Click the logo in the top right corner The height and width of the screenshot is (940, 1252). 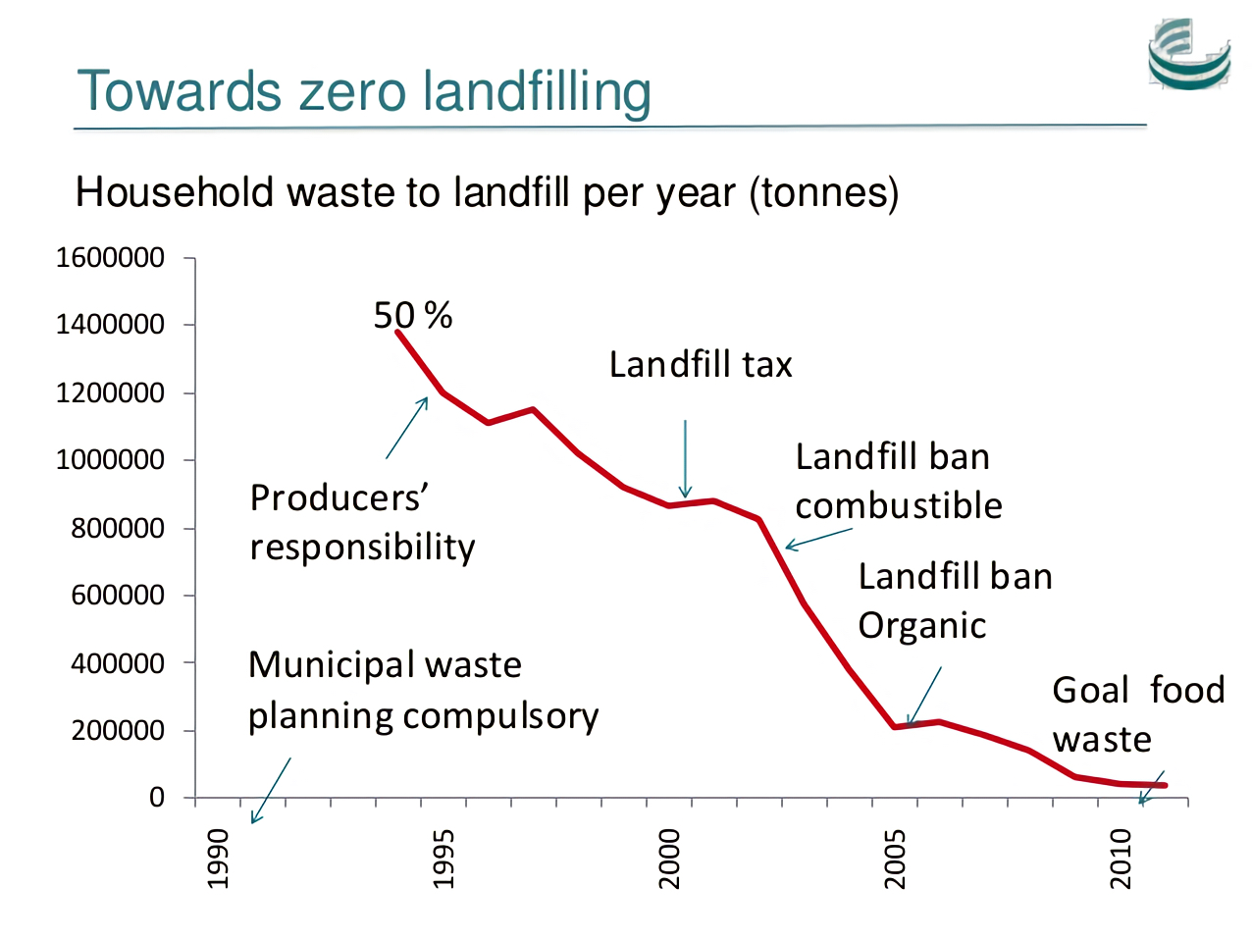[1189, 55]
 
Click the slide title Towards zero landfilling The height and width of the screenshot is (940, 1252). [363, 91]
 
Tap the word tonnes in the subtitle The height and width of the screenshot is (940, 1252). [823, 192]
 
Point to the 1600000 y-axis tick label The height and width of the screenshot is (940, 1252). [110, 258]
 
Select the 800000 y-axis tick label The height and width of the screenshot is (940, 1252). [118, 528]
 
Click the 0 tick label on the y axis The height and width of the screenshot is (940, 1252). [157, 798]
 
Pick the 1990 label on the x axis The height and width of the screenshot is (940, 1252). [218, 859]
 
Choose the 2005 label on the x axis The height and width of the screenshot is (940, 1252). [895, 859]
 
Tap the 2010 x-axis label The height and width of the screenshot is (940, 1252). [1121, 859]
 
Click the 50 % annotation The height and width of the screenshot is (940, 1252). [413, 315]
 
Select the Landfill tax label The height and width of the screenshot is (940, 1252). [701, 365]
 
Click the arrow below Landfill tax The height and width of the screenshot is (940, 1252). [685, 459]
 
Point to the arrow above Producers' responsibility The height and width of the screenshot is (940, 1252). [407, 428]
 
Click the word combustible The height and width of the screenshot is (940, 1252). [899, 506]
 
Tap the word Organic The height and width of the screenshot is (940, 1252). [922, 626]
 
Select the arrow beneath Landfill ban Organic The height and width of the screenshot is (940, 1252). [924, 697]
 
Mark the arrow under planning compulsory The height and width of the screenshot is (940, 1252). [271, 790]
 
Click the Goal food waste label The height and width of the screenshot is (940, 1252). [1138, 714]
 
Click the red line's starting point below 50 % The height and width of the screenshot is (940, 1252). [398, 333]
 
